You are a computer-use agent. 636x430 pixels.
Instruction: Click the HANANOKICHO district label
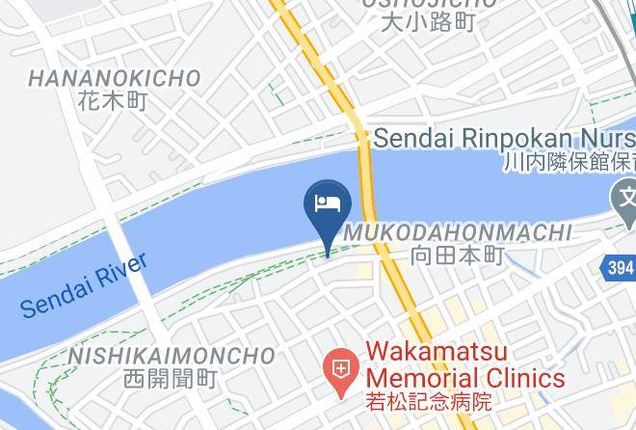[115, 78]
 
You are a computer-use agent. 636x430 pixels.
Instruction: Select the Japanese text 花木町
[115, 99]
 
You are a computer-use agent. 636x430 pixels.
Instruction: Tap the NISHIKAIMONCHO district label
[172, 357]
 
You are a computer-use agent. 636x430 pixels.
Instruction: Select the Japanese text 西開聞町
[172, 380]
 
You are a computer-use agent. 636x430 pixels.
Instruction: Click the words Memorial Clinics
[463, 377]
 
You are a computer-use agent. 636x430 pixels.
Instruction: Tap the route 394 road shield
[621, 267]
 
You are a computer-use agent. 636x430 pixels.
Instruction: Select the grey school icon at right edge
[623, 201]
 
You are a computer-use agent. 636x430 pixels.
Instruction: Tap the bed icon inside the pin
[328, 202]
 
